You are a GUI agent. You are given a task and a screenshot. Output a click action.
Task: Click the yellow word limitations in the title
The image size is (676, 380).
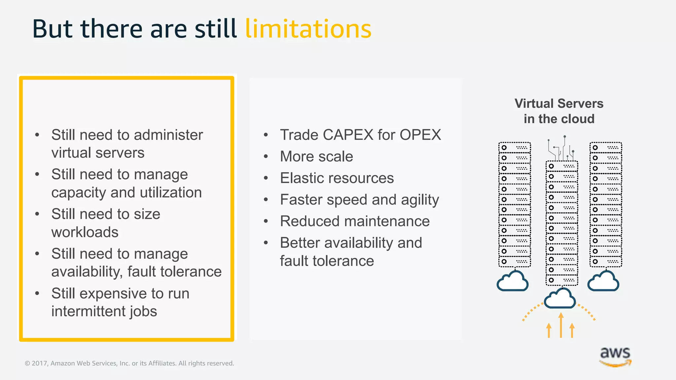click(308, 29)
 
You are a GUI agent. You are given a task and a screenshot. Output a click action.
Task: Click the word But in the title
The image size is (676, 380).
click(52, 29)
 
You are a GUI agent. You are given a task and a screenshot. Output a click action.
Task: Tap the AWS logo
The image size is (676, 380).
click(615, 356)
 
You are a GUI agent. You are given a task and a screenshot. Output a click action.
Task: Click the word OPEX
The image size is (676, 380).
click(420, 135)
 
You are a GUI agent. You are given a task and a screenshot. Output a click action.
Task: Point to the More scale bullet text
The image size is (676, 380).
click(316, 156)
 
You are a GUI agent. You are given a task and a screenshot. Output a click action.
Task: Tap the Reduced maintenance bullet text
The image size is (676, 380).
click(355, 221)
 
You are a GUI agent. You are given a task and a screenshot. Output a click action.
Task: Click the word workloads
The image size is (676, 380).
click(85, 232)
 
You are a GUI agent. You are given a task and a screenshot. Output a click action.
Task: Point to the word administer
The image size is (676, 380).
click(168, 135)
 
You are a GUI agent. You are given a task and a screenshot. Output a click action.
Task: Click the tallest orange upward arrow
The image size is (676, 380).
click(561, 325)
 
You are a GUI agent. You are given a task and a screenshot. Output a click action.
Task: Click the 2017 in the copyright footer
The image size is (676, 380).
click(39, 363)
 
